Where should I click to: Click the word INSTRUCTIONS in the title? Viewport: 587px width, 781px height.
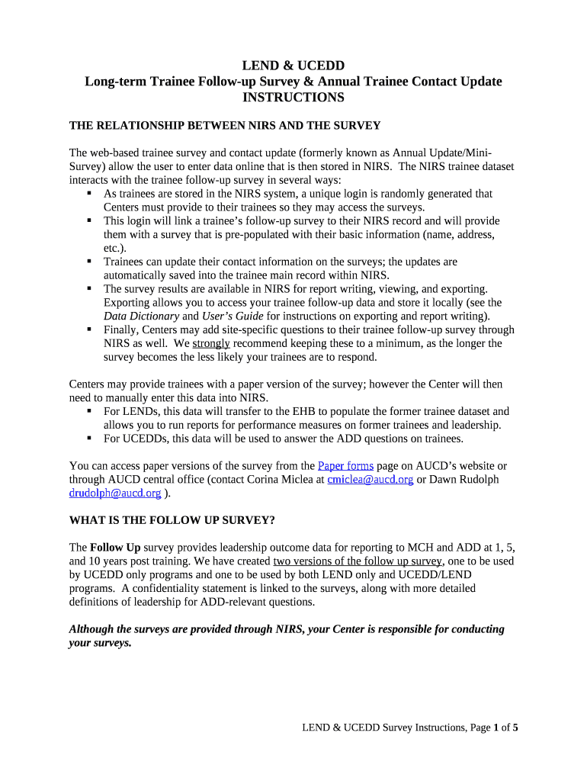point(293,98)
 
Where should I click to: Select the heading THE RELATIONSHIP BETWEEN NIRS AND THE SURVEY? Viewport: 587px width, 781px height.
point(225,125)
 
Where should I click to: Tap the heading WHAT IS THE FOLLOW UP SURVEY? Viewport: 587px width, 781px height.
point(172,521)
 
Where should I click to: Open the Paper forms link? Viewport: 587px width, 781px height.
point(345,465)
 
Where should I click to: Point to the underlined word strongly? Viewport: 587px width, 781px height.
point(211,343)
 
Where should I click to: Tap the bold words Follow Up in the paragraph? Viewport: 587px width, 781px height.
point(115,548)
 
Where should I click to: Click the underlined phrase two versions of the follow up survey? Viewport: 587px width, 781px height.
point(358,561)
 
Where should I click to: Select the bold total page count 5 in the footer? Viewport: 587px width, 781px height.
point(515,728)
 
